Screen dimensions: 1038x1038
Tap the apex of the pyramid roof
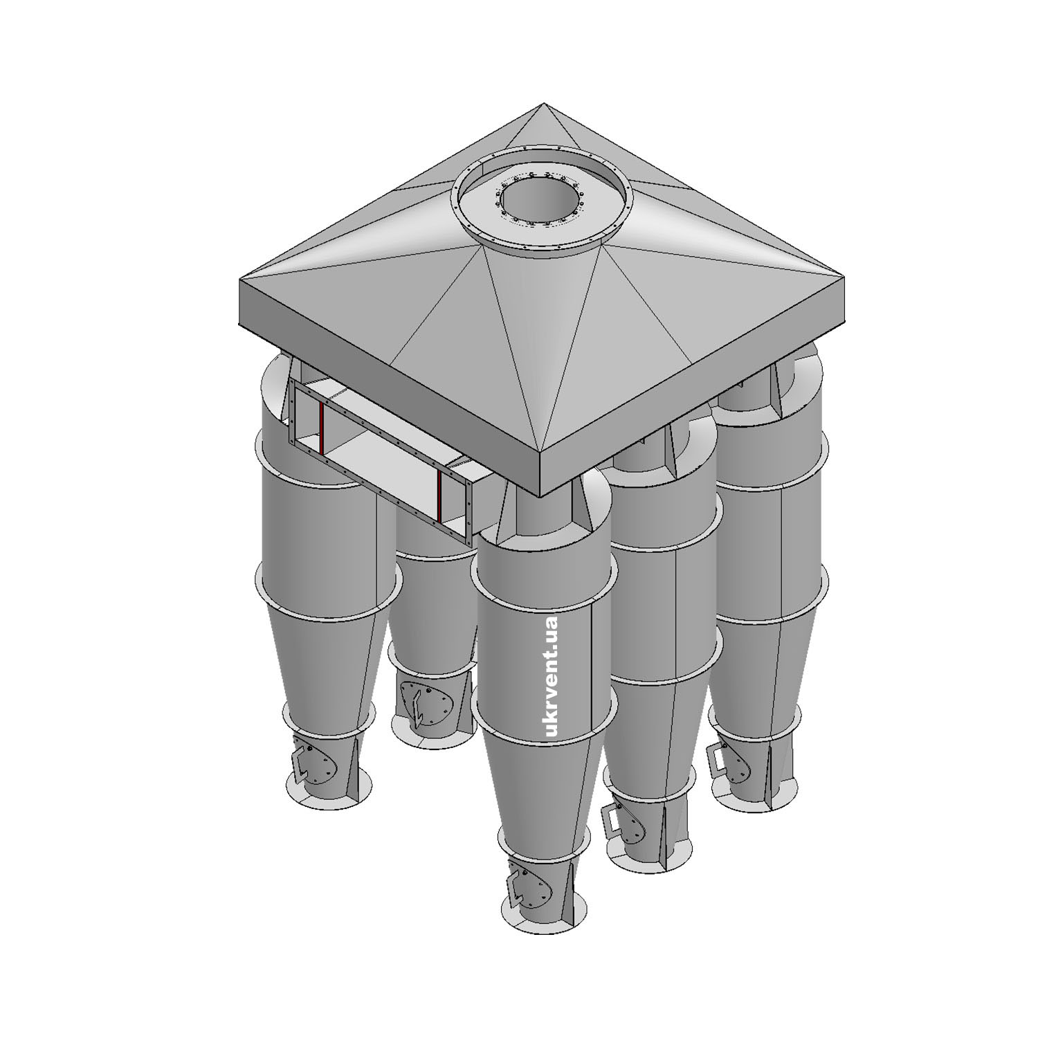click(543, 104)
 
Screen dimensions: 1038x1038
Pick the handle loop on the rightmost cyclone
click(717, 759)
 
